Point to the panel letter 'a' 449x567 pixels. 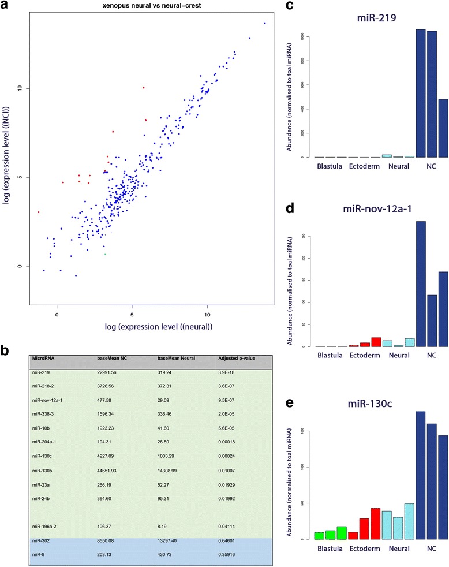[x=5, y=6]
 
